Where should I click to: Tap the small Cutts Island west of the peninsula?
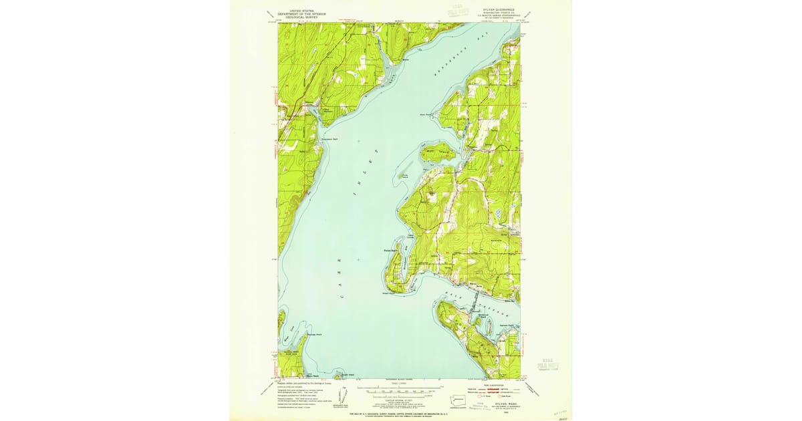pyautogui.click(x=405, y=175)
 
